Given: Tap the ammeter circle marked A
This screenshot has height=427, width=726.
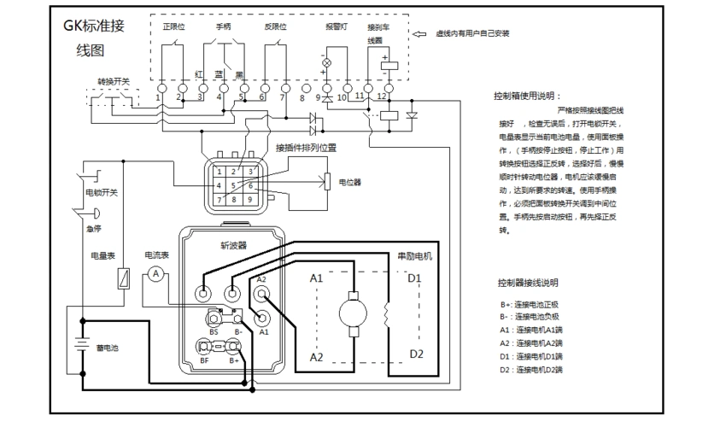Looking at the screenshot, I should pos(155,273).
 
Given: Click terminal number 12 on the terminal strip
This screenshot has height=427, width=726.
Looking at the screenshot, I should pos(389,88).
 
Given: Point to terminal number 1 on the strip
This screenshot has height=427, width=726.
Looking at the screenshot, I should pos(161,88).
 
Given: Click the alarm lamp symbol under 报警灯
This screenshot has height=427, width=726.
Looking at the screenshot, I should pos(325,63).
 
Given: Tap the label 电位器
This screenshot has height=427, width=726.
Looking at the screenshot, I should pos(350,182).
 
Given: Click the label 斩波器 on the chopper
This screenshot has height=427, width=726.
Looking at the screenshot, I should pos(233,243).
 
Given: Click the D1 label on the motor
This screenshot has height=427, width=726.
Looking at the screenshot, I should pos(414,278).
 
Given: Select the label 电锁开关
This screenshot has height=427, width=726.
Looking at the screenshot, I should pos(101,193).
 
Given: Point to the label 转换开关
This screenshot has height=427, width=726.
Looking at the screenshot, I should pos(113,81).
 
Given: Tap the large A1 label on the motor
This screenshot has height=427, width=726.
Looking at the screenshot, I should pos(316,278).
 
